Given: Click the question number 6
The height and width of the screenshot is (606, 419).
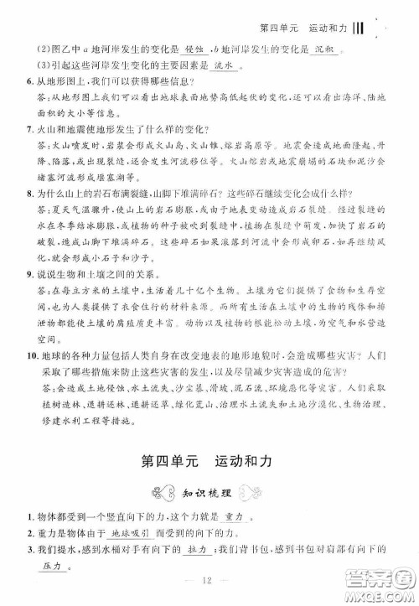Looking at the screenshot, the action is (x=28, y=80).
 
